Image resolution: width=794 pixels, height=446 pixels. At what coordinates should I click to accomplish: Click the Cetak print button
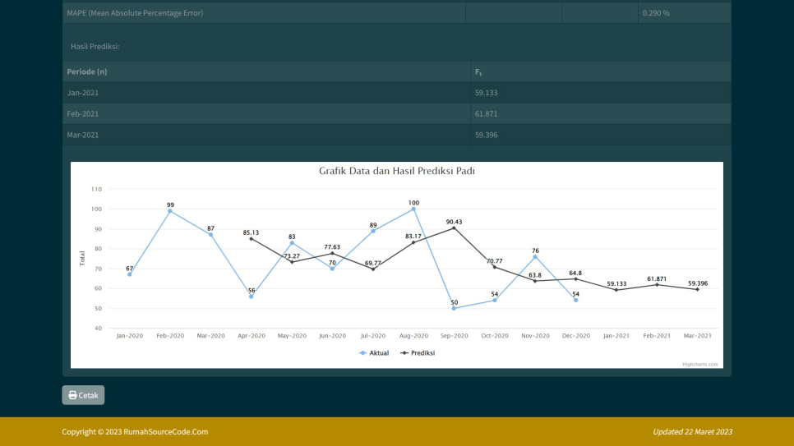click(83, 395)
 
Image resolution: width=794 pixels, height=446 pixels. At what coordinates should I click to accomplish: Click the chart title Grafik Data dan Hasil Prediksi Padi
click(397, 171)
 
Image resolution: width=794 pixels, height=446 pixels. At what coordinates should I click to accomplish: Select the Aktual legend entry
click(374, 352)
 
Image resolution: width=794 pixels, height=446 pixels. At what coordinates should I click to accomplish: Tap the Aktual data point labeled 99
click(170, 211)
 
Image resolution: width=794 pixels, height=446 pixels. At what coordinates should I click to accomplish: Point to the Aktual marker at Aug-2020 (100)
click(413, 209)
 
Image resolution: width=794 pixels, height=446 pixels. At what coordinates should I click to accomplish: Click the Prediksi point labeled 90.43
click(454, 228)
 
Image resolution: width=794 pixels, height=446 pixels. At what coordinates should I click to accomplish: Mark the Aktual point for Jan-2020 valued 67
click(130, 274)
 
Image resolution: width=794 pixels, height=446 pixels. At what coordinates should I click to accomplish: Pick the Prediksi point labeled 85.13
click(252, 238)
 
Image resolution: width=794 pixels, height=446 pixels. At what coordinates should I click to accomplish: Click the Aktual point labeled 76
click(535, 256)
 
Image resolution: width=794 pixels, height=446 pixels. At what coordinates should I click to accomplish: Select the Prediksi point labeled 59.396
click(697, 289)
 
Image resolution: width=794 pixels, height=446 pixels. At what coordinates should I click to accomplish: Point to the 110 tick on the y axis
click(97, 189)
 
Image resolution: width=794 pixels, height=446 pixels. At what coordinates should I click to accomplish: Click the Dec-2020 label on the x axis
click(575, 336)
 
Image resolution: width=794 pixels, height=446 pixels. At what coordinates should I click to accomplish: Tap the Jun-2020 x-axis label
click(332, 336)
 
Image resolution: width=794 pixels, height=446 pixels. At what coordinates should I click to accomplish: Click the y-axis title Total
click(82, 258)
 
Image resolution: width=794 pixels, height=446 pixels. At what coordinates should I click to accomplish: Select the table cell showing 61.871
click(487, 113)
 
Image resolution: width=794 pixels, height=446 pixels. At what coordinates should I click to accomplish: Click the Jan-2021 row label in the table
click(83, 93)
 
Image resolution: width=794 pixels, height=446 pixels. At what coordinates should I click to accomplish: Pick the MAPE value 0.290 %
click(655, 13)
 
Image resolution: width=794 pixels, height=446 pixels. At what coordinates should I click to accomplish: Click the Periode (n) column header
click(87, 72)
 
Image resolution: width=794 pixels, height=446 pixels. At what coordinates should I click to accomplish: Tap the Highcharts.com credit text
click(699, 364)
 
